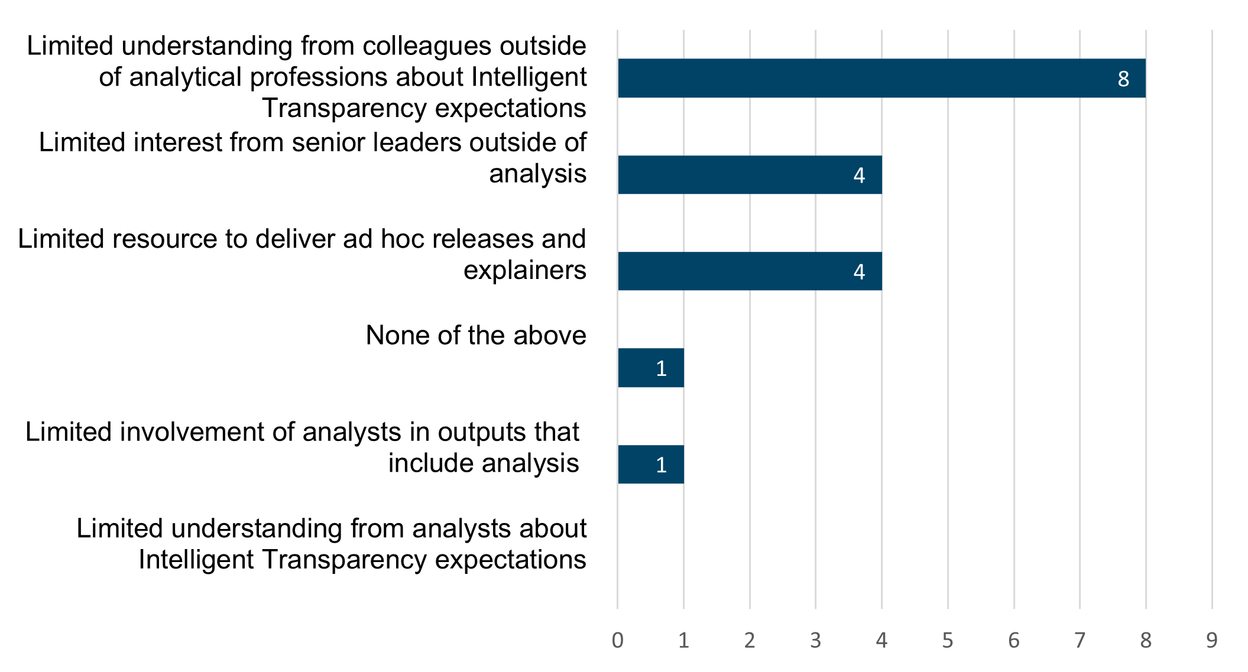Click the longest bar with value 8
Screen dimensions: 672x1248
pyautogui.click(x=881, y=78)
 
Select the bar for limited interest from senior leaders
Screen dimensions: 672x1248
pyautogui.click(x=750, y=174)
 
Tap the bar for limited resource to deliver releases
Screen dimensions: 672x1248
pyautogui.click(x=750, y=271)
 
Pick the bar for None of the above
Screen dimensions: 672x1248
pyautogui.click(x=650, y=368)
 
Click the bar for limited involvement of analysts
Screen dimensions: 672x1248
pyautogui.click(x=650, y=465)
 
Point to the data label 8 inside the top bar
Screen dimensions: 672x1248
pyautogui.click(x=1123, y=79)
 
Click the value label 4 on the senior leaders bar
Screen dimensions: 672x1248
pyautogui.click(x=859, y=175)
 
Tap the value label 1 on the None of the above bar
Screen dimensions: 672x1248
pyautogui.click(x=661, y=368)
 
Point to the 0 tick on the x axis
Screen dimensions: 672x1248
pyautogui.click(x=618, y=640)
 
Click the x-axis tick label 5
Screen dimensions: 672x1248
pyautogui.click(x=948, y=640)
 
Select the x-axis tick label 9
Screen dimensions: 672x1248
pyautogui.click(x=1211, y=640)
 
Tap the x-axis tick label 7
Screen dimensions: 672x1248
pyautogui.click(x=1080, y=640)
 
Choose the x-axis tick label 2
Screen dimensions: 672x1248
pyautogui.click(x=750, y=640)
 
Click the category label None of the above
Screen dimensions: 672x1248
pyautogui.click(x=476, y=335)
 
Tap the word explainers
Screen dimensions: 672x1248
pyautogui.click(x=524, y=270)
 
